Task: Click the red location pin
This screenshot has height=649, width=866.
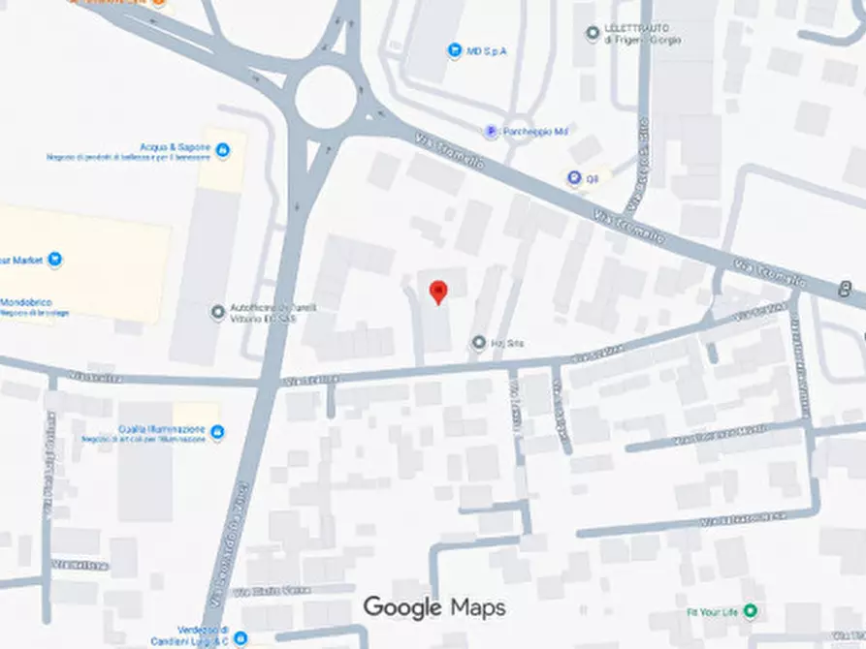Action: [438, 291]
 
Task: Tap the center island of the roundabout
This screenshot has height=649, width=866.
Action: [324, 98]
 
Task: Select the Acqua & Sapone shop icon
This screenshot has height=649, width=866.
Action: [222, 150]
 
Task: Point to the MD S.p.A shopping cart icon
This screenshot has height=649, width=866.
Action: [453, 50]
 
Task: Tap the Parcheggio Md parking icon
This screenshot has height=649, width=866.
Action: [492, 132]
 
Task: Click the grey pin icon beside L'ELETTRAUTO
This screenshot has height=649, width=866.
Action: [593, 34]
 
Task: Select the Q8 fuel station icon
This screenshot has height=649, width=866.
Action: [574, 177]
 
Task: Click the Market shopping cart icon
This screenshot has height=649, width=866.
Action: [54, 259]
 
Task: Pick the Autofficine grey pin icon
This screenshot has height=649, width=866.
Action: [217, 312]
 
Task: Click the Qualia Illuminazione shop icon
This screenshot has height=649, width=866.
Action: [216, 432]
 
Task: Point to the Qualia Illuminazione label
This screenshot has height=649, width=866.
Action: [162, 429]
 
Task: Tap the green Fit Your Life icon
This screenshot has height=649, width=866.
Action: [749, 612]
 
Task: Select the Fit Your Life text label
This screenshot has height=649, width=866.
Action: [710, 612]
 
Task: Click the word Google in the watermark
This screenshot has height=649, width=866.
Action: [403, 607]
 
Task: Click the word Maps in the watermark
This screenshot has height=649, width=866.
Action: [478, 607]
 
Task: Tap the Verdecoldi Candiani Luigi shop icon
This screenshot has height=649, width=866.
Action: [241, 638]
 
